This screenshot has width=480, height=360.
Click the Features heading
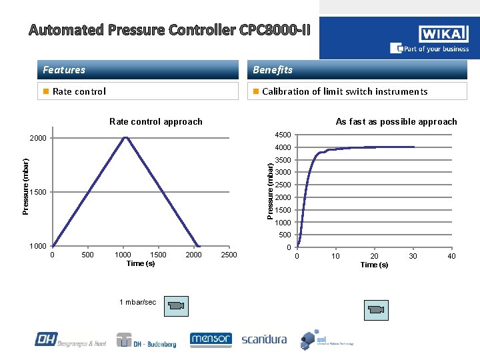tap(64, 70)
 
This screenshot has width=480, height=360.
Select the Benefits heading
tap(272, 70)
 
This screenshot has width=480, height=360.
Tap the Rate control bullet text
tap(79, 91)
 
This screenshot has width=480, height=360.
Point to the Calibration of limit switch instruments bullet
tap(344, 91)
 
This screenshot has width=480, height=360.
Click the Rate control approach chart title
tap(155, 121)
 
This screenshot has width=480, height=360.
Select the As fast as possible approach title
tap(396, 121)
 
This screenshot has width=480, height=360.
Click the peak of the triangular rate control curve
tap(125, 137)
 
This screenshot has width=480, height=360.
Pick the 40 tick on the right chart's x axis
tap(451, 256)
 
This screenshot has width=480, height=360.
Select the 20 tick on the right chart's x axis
tap(375, 256)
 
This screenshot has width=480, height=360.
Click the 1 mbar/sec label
tap(137, 302)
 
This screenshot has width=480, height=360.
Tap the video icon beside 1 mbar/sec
tap(177, 306)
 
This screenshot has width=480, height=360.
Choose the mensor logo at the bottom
tap(211, 339)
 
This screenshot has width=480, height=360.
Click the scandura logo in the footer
tap(264, 339)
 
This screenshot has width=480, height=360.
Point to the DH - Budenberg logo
tap(147, 340)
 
